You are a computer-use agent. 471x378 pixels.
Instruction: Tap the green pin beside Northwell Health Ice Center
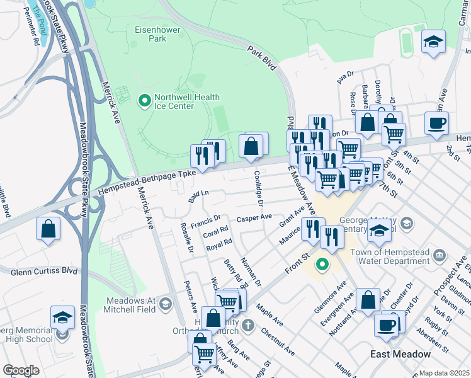point(144,100)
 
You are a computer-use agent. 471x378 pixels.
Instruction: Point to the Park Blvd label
point(261,57)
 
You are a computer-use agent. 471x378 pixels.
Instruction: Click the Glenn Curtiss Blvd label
point(43,272)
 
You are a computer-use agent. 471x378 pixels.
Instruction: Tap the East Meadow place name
point(400,354)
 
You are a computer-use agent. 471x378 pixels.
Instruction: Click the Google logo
point(21,370)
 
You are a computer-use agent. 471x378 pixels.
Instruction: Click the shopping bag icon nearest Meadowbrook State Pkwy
point(48,230)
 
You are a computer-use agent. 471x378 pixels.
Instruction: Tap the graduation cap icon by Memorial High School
point(62,318)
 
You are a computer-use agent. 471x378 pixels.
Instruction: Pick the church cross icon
point(249,326)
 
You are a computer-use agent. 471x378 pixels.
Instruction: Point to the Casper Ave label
point(254,217)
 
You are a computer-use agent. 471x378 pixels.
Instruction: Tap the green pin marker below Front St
point(322,265)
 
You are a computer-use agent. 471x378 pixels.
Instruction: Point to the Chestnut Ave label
point(277,341)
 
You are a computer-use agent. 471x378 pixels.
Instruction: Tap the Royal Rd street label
point(219,244)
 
